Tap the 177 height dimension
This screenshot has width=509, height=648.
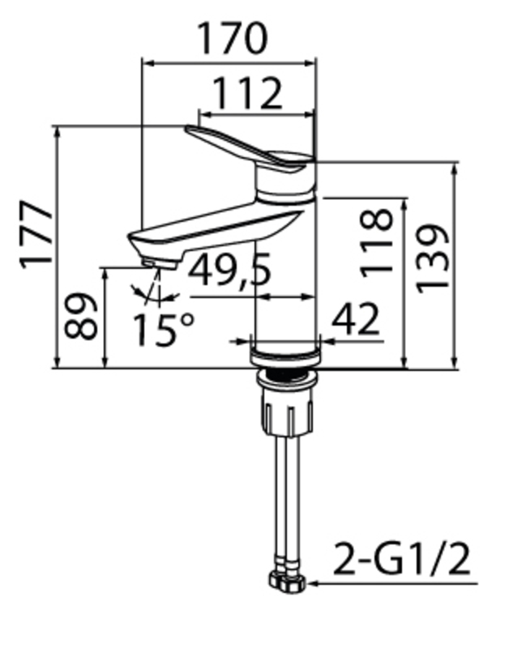(36, 235)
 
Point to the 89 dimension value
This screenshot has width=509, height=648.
(82, 317)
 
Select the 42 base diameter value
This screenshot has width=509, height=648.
(355, 319)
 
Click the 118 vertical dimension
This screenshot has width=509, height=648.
(376, 242)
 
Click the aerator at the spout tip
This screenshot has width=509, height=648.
(159, 263)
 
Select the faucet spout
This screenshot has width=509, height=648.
(211, 227)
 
